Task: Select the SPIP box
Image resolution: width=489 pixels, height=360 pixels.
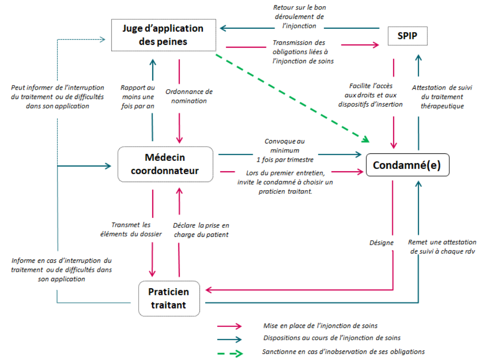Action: (407, 35)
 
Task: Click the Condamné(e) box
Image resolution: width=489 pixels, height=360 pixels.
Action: (408, 165)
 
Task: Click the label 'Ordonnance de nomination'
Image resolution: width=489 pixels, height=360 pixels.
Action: (189, 96)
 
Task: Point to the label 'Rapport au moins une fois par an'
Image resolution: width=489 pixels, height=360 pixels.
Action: (138, 96)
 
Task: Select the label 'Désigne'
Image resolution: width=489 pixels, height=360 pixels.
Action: (381, 243)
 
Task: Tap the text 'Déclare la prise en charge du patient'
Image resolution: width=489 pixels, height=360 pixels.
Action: (201, 229)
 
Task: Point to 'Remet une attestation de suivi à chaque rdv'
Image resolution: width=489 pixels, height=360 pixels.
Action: (442, 247)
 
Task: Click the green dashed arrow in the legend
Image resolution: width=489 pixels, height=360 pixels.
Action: (230, 353)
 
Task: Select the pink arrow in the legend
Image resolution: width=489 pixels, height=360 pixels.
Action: (230, 326)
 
